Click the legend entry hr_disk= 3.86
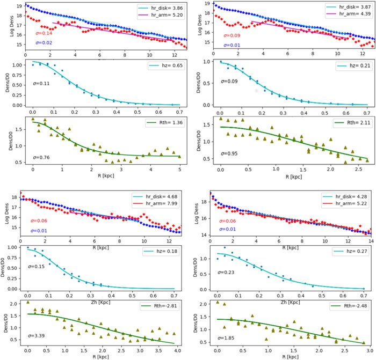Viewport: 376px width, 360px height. tap(159, 9)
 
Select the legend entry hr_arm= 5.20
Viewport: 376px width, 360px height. tap(159, 17)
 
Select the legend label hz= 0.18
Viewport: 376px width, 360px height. tap(165, 252)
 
